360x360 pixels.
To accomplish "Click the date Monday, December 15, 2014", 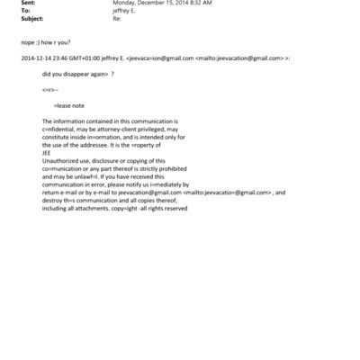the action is tap(144, 4).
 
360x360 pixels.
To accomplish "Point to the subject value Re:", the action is tap(115, 19).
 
